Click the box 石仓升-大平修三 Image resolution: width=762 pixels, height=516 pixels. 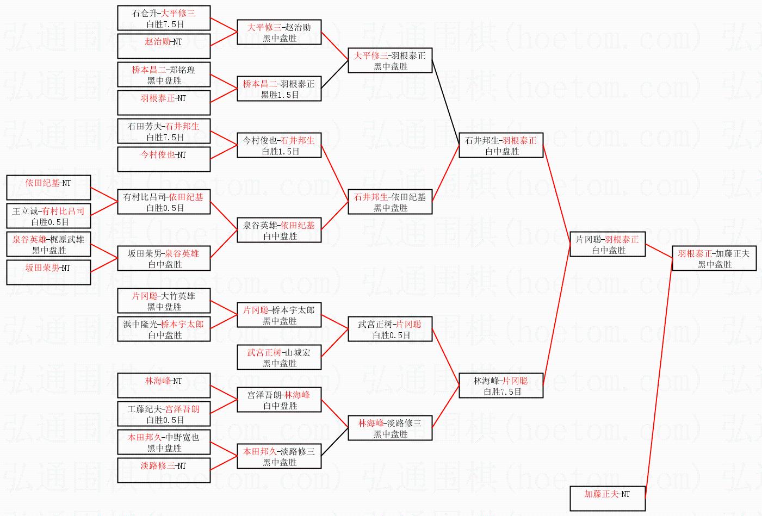tap(164, 18)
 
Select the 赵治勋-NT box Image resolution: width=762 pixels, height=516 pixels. tap(164, 46)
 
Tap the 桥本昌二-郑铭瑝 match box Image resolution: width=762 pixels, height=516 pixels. tap(164, 74)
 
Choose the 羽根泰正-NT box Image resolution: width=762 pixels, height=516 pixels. tap(164, 103)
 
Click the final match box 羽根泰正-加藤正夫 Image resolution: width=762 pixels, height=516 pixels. tap(714, 258)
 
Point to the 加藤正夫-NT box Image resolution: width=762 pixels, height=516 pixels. tap(608, 499)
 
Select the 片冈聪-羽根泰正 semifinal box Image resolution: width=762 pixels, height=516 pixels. tap(608, 244)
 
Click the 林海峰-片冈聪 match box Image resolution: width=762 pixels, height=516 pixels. tap(501, 386)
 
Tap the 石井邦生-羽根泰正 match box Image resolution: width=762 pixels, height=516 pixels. tap(501, 145)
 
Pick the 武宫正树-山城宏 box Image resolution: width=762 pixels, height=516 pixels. tap(279, 357)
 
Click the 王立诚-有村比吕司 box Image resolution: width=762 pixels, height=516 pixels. tap(48, 216)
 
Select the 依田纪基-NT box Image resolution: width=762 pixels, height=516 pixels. tap(48, 188)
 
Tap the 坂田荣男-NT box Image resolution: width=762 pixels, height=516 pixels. tap(48, 272)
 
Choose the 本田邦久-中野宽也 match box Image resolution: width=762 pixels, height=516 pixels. tap(164, 442)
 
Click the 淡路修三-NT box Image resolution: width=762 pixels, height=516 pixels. tap(164, 470)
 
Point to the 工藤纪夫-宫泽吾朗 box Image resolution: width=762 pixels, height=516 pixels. tap(164, 414)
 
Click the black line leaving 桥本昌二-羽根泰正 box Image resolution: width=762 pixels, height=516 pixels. tap(335, 74)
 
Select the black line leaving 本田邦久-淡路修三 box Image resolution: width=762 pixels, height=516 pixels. tap(335, 442)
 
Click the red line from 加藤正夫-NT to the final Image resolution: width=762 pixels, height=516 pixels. tap(659, 378)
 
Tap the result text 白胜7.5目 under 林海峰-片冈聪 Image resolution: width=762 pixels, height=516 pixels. tap(503, 392)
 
